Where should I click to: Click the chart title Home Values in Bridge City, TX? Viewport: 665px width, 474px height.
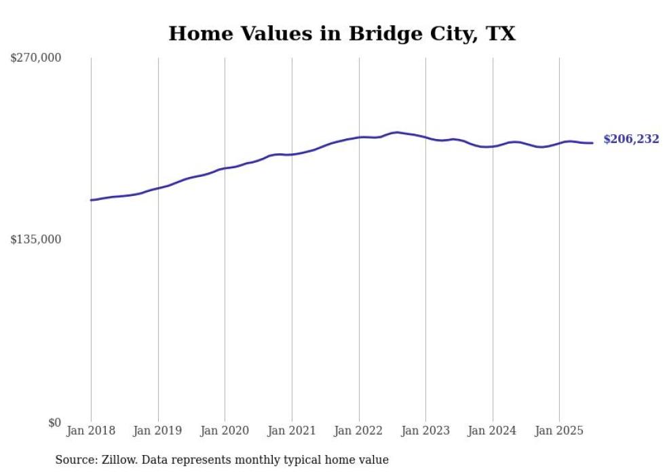pyautogui.click(x=342, y=33)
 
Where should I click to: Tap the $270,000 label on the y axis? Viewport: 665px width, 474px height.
pyautogui.click(x=35, y=58)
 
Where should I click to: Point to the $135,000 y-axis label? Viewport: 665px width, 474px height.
pyautogui.click(x=35, y=239)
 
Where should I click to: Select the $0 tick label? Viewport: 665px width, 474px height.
pyautogui.click(x=54, y=422)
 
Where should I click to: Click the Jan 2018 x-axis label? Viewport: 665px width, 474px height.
pyautogui.click(x=91, y=431)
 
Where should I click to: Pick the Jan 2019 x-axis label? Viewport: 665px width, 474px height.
pyautogui.click(x=158, y=431)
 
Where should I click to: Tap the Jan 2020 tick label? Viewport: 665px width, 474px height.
pyautogui.click(x=225, y=431)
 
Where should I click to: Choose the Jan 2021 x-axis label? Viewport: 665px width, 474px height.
pyautogui.click(x=292, y=431)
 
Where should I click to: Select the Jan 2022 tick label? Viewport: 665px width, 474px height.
pyautogui.click(x=359, y=431)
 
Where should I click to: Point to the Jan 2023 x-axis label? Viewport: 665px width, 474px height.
pyautogui.click(x=425, y=431)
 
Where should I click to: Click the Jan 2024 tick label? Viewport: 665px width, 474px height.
pyautogui.click(x=493, y=431)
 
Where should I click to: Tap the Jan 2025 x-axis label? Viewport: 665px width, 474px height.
pyautogui.click(x=559, y=431)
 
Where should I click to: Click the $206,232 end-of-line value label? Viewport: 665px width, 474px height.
pyautogui.click(x=631, y=139)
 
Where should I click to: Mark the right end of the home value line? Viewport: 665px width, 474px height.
pyautogui.click(x=592, y=143)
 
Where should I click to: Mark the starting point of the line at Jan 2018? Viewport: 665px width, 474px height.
pyautogui.click(x=91, y=200)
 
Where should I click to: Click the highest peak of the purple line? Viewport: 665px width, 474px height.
pyautogui.click(x=397, y=132)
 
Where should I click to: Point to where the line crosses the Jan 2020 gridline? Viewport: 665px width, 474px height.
pyautogui.click(x=225, y=168)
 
